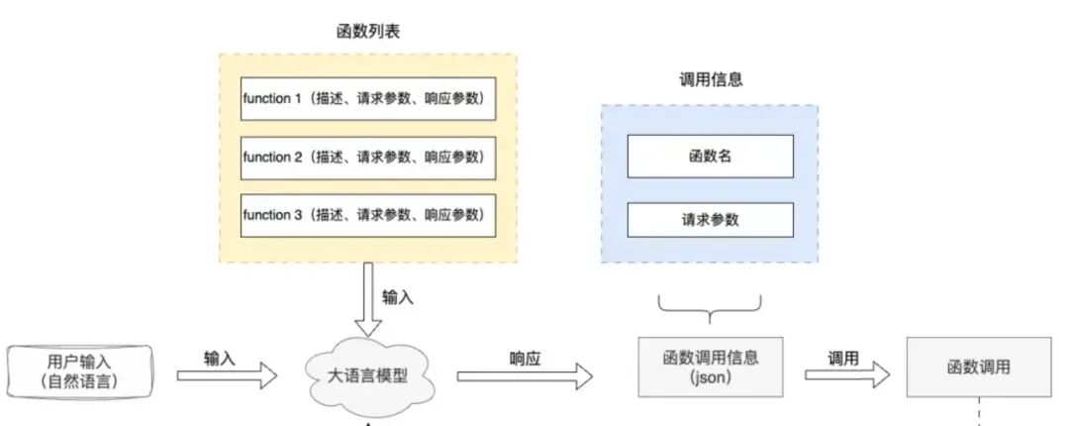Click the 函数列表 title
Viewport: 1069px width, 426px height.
pyautogui.click(x=368, y=32)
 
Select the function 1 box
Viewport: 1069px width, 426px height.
pyautogui.click(x=368, y=99)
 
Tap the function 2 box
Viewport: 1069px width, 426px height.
pyautogui.click(x=368, y=157)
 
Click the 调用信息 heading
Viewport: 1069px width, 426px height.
pyautogui.click(x=711, y=80)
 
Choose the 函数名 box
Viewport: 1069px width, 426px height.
pyautogui.click(x=711, y=157)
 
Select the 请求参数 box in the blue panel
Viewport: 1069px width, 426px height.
pyautogui.click(x=711, y=220)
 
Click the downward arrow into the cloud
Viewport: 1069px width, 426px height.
pyautogui.click(x=368, y=299)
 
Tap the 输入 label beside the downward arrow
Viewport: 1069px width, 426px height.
pyautogui.click(x=398, y=297)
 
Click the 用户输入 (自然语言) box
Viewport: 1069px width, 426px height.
pyautogui.click(x=80, y=372)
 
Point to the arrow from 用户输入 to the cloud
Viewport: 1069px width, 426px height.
pyautogui.click(x=227, y=375)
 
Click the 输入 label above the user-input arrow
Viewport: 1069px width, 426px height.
pyautogui.click(x=220, y=359)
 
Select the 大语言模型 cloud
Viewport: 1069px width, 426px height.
pyautogui.click(x=368, y=376)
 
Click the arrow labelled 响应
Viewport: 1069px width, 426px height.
pyautogui.click(x=525, y=376)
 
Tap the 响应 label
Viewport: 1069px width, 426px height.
pyautogui.click(x=525, y=359)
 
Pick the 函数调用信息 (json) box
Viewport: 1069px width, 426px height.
pyautogui.click(x=711, y=367)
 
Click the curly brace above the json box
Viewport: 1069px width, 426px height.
pyautogui.click(x=711, y=308)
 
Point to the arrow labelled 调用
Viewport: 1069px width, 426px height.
pyautogui.click(x=847, y=374)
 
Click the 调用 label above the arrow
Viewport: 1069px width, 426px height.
pyautogui.click(x=843, y=359)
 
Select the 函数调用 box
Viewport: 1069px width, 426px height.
pyautogui.click(x=979, y=367)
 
